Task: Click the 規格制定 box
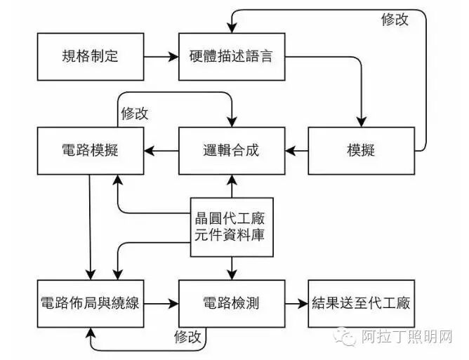pyautogui.click(x=91, y=55)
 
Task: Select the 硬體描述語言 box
pyautogui.click(x=232, y=55)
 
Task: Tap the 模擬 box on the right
pyautogui.click(x=361, y=150)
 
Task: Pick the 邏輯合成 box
pyautogui.click(x=232, y=150)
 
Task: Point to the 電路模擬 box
pyautogui.click(x=91, y=150)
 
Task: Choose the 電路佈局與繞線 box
pyautogui.click(x=91, y=304)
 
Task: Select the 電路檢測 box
pyautogui.click(x=232, y=304)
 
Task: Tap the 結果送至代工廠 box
pyautogui.click(x=361, y=304)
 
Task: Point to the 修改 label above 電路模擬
pyautogui.click(x=135, y=113)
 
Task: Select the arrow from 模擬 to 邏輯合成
pyautogui.click(x=296, y=150)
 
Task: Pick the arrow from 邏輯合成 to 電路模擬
pyautogui.click(x=161, y=150)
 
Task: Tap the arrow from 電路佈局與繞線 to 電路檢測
pyautogui.click(x=161, y=304)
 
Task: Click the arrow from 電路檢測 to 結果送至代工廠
pyautogui.click(x=296, y=304)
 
